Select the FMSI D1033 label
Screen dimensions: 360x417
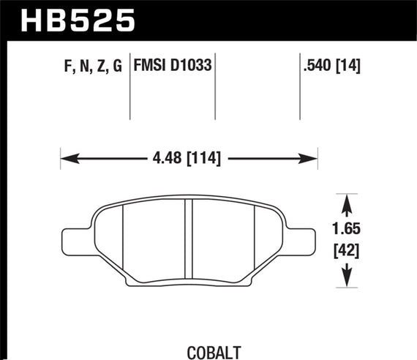coord(172,65)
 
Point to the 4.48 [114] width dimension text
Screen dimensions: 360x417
coord(189,157)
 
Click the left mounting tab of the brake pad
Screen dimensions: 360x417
coord(77,238)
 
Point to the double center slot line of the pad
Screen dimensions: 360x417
coord(188,239)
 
